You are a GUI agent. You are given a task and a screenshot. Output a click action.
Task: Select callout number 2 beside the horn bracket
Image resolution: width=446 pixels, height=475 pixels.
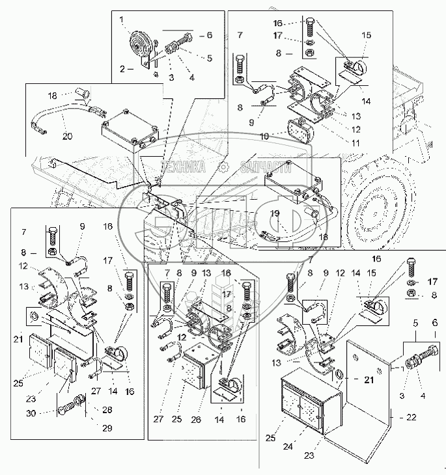(x=122, y=67)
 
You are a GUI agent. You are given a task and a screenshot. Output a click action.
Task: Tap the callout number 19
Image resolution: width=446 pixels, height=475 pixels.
(x=275, y=213)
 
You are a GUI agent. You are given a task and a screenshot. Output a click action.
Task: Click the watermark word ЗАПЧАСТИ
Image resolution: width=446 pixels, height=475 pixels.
(x=266, y=167)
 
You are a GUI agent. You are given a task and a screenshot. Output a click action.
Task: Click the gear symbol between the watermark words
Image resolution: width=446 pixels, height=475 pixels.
(x=223, y=167)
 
